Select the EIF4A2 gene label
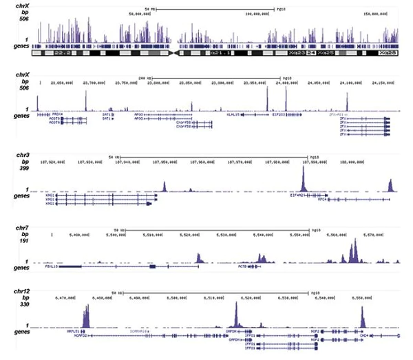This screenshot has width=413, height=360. coord(298,195)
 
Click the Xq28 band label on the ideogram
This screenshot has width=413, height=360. coord(388,52)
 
